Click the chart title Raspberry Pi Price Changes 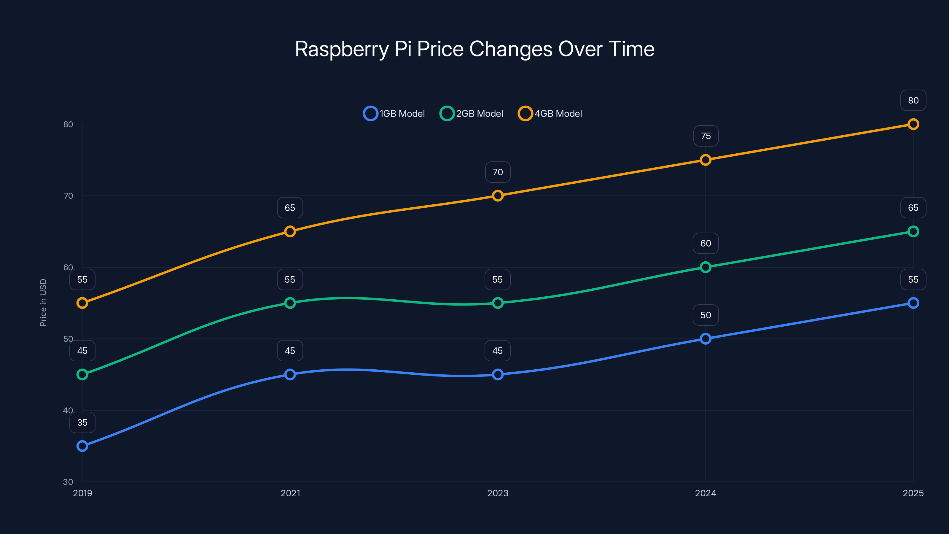coord(474,49)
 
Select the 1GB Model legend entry coord(394,114)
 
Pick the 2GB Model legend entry coord(471,114)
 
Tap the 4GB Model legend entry coord(550,114)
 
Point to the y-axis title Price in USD coord(43,303)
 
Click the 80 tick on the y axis coord(68,124)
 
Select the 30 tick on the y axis coord(68,482)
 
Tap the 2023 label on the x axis coord(498,493)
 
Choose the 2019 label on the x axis coord(82,493)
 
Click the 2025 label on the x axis coord(913,493)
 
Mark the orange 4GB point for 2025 coord(913,124)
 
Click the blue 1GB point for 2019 coord(82,446)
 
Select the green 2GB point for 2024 coord(706,267)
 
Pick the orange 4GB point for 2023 coord(498,196)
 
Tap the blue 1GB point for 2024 coord(706,339)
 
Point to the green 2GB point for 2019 coord(82,374)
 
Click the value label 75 coord(706,136)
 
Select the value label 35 coord(82,422)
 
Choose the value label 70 coord(498,172)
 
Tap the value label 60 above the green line coord(706,243)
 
